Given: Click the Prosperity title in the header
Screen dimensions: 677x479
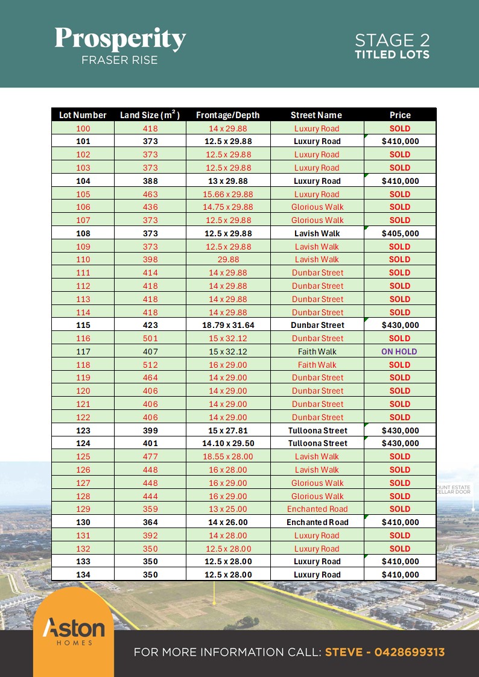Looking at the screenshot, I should (120, 39).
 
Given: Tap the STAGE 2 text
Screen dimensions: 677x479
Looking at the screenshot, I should (392, 40).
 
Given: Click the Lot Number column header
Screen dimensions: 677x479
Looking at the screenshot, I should (83, 115).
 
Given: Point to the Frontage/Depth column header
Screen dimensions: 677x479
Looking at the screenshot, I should (228, 115).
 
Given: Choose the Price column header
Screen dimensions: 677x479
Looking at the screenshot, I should (400, 115).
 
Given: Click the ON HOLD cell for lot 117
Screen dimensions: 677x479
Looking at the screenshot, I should (399, 351).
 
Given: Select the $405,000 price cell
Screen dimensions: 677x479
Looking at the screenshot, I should (400, 233).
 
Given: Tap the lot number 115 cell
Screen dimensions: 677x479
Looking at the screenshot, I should (83, 325).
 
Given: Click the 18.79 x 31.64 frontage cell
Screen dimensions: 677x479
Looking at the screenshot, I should (228, 325).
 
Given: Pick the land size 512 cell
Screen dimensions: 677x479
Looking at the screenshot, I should (150, 365).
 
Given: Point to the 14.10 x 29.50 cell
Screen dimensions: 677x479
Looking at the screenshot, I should (228, 443).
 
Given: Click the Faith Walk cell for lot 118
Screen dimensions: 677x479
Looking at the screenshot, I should (317, 365).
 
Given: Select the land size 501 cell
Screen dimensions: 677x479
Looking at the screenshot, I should (150, 338).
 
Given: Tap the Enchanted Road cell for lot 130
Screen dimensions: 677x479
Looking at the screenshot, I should (317, 522).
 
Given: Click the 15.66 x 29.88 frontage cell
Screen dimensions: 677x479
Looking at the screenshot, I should (228, 194).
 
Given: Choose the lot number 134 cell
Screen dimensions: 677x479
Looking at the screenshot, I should (83, 575).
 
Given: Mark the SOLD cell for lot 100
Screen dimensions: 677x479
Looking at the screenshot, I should (400, 128).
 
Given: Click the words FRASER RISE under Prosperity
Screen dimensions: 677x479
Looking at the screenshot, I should (119, 60).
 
